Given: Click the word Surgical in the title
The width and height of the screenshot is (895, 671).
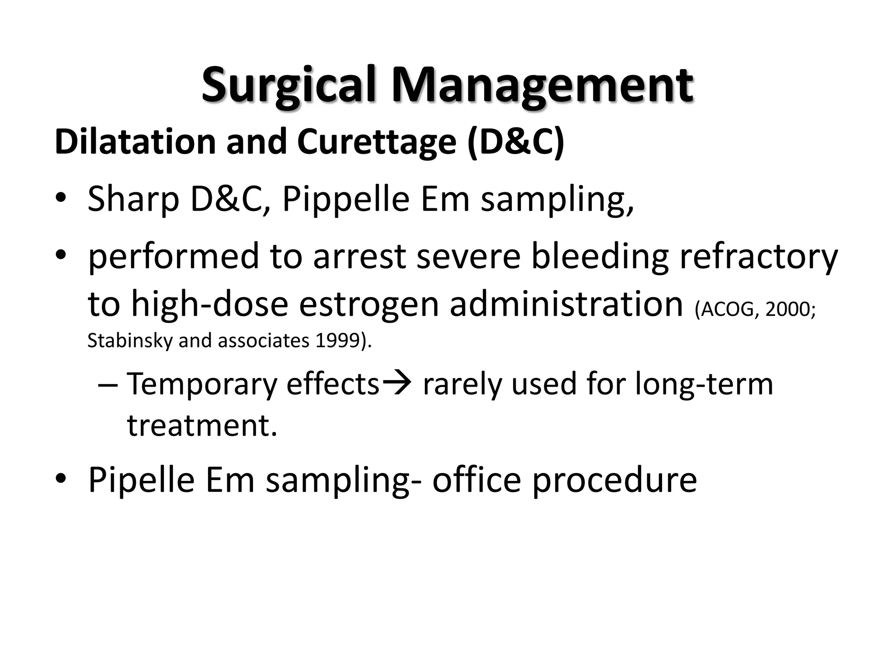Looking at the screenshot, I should (288, 85).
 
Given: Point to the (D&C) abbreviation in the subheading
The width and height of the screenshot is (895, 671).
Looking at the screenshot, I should (516, 142).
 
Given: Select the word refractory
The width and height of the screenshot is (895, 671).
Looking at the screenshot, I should (759, 257).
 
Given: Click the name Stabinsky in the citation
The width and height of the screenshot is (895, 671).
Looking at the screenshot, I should (130, 341).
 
